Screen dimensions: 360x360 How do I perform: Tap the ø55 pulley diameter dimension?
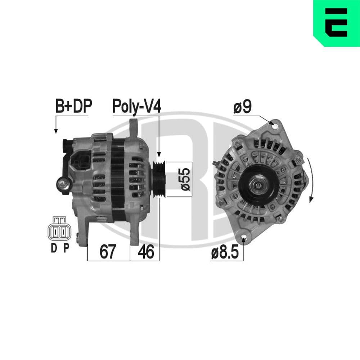(184, 179)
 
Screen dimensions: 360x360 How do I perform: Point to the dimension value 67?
(108, 252)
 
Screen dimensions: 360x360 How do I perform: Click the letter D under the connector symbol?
(54, 248)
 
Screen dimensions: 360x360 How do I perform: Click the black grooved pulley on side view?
(158, 179)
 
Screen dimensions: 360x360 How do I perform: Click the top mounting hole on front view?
(275, 126)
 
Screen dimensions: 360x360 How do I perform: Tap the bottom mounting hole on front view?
(244, 238)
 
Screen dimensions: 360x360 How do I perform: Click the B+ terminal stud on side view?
(63, 185)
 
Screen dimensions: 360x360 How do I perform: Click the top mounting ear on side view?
(134, 126)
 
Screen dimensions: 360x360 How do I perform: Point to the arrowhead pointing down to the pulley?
(159, 154)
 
